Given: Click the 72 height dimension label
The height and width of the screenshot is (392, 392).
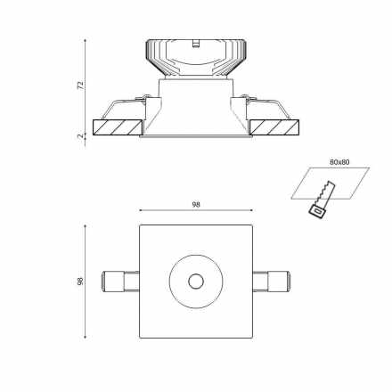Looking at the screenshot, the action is (x=80, y=85).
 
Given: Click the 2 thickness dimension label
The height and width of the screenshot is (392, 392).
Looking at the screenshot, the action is (x=80, y=136).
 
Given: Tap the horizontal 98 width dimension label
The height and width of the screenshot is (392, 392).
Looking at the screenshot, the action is (x=196, y=205).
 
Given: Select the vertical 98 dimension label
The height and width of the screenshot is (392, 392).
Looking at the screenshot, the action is (x=80, y=281).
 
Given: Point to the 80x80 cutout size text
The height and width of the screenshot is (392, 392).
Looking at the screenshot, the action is (x=339, y=162).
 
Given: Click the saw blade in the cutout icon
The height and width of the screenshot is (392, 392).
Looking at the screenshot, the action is (x=327, y=192).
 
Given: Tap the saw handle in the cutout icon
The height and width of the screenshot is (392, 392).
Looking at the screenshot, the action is (x=317, y=212).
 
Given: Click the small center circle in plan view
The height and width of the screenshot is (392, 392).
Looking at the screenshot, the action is (x=196, y=281).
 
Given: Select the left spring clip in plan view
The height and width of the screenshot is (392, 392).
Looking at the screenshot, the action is (x=120, y=282).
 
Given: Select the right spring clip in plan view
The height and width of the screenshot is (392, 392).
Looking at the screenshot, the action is (x=271, y=282).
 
